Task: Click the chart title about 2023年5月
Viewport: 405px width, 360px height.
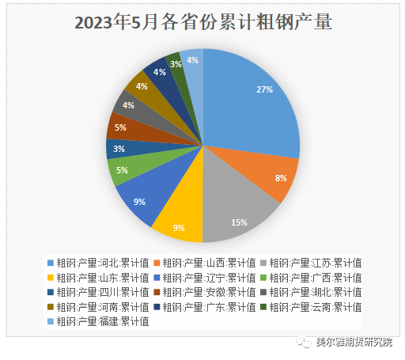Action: [x=202, y=22]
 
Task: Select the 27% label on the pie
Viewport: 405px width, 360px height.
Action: [x=264, y=89]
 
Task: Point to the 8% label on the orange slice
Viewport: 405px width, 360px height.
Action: [x=280, y=178]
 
